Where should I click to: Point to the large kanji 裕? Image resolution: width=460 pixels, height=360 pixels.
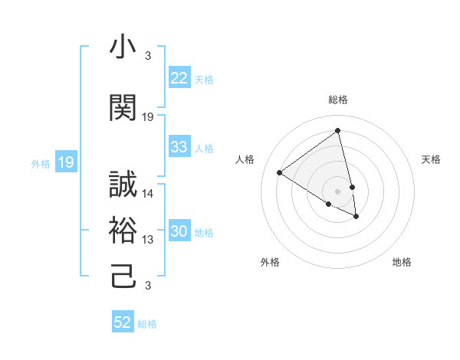(x=123, y=228)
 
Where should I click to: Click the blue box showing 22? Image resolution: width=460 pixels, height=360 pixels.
(x=179, y=78)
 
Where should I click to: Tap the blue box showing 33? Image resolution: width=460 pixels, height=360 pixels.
(x=179, y=147)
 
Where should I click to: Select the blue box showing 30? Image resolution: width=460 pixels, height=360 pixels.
(x=179, y=232)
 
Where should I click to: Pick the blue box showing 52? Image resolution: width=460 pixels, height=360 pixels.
(x=123, y=322)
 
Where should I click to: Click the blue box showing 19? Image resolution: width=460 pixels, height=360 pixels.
(x=66, y=162)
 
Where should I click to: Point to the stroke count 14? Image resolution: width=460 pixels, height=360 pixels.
(x=148, y=194)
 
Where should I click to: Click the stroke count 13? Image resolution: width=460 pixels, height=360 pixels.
(x=148, y=240)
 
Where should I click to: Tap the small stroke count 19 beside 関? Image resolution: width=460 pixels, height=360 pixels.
(x=148, y=117)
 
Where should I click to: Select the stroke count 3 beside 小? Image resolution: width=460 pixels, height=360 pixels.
(x=147, y=56)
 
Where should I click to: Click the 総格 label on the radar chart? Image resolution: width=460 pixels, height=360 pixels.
(x=337, y=100)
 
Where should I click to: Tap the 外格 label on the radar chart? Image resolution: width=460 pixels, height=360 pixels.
(x=270, y=262)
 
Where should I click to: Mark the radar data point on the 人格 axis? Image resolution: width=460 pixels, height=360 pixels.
(x=280, y=172)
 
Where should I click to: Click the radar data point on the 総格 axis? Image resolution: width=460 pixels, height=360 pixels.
(x=337, y=130)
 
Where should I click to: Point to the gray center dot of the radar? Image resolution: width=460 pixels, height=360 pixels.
(x=337, y=190)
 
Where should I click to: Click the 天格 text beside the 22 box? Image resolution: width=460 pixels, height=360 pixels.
(x=204, y=79)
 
